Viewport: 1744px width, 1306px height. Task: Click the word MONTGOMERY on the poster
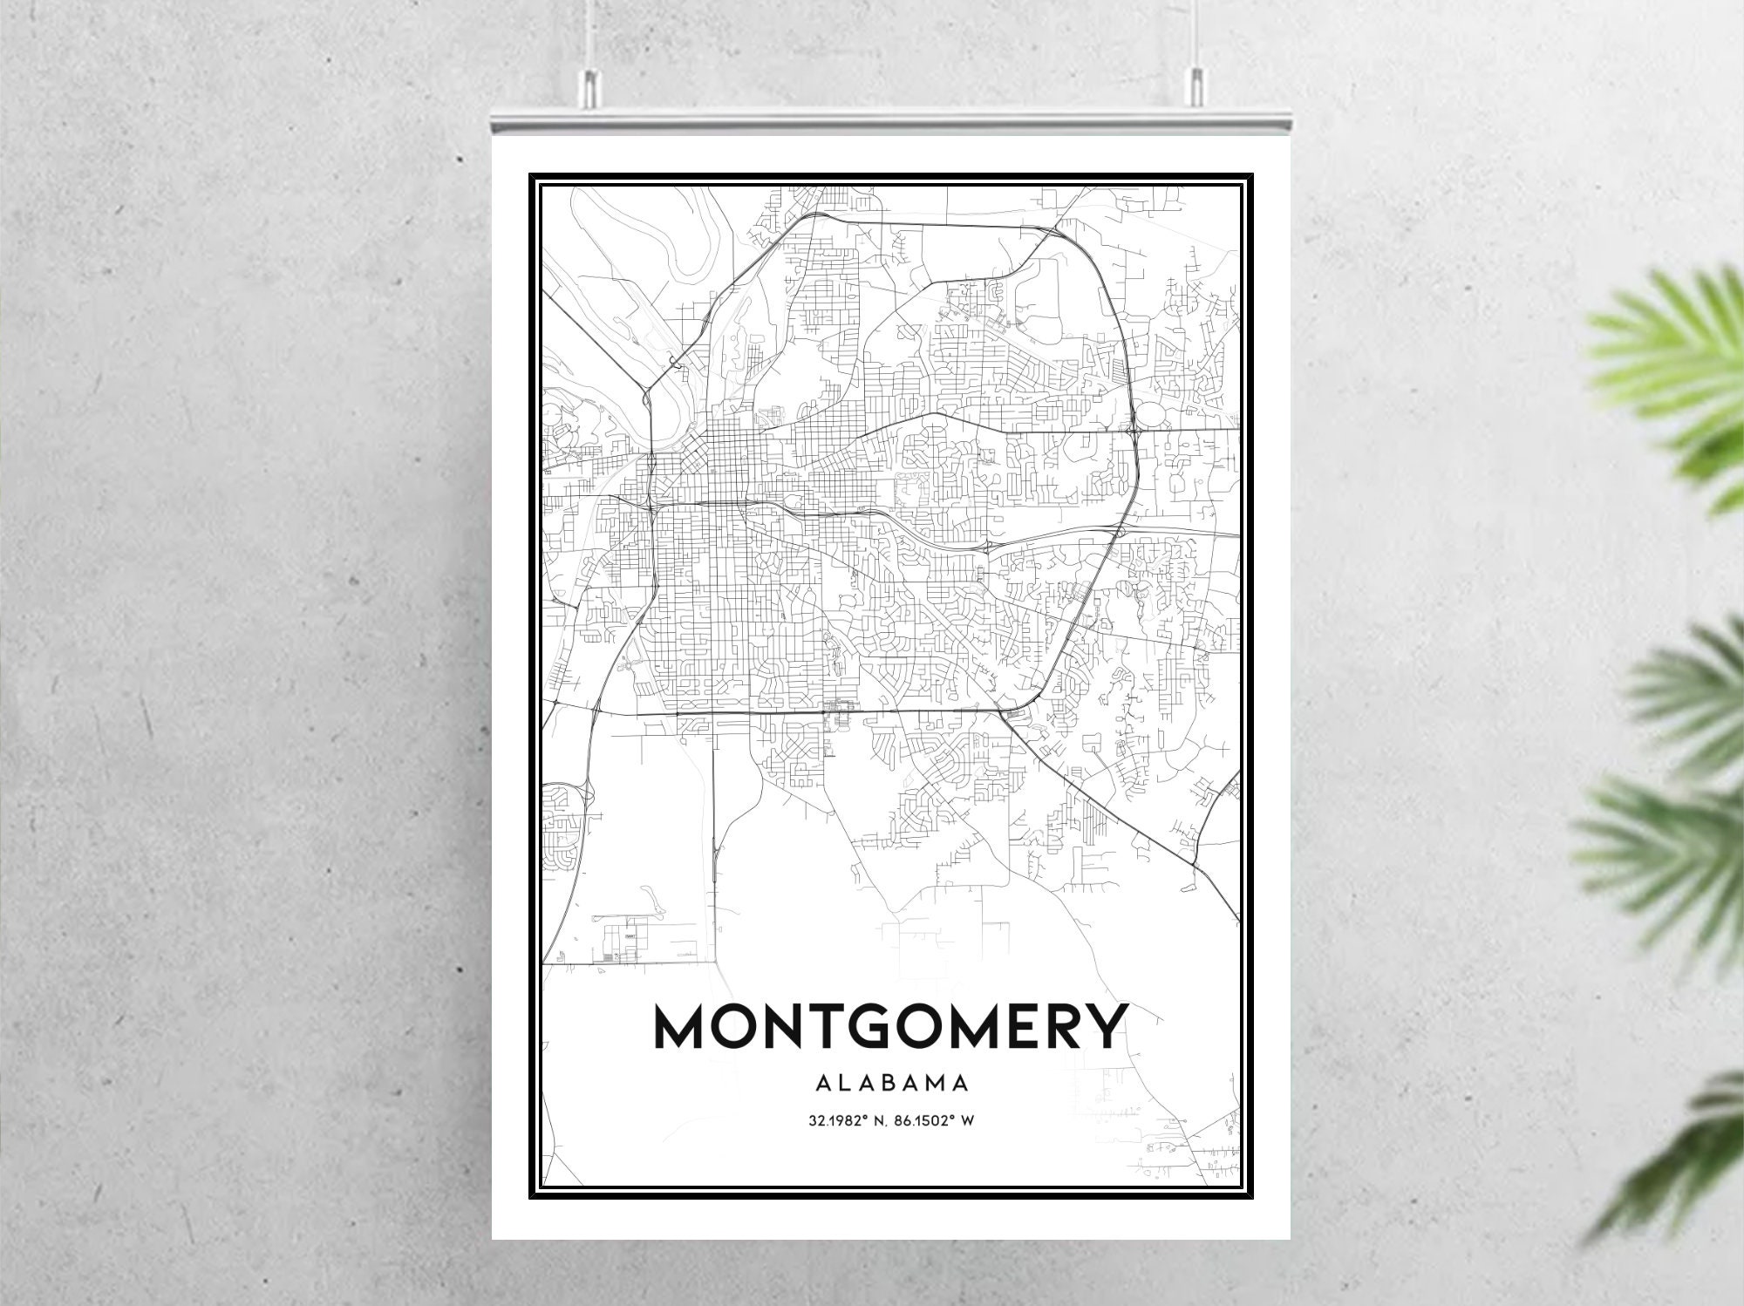click(x=890, y=1029)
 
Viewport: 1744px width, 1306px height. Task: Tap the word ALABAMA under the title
click(x=890, y=1084)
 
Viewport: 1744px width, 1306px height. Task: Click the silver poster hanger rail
click(x=890, y=123)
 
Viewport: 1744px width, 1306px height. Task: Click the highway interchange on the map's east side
click(x=1134, y=430)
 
